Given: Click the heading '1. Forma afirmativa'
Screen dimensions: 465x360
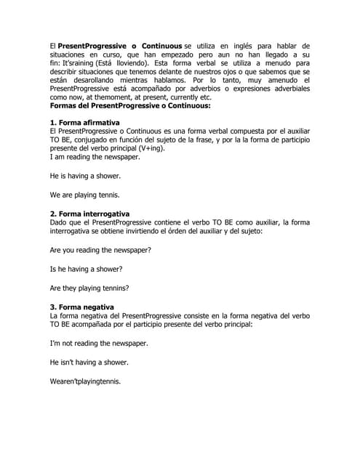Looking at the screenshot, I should [x=84, y=123].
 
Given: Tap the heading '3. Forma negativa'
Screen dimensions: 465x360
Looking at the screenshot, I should [x=82, y=307].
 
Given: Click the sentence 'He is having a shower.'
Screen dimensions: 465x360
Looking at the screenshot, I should [x=85, y=176].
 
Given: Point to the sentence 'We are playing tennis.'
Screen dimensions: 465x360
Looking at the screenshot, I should [x=86, y=195].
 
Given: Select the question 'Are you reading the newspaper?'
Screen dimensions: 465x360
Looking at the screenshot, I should [x=100, y=250].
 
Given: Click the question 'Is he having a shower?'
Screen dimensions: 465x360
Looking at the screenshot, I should [x=85, y=268].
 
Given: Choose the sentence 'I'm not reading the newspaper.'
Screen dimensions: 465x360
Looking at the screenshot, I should [x=99, y=343].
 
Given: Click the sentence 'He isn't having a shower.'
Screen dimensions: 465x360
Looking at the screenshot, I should [x=89, y=362].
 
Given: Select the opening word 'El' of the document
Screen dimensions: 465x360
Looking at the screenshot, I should [x=53, y=45].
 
